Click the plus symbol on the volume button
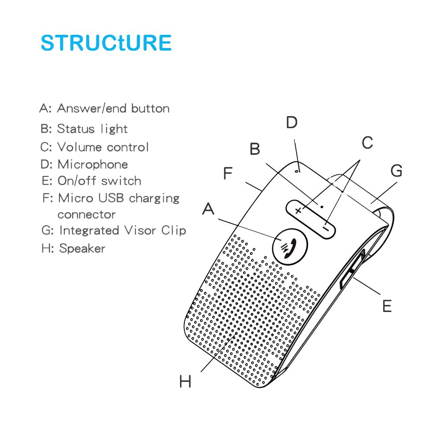coord(299,211)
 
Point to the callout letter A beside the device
coord(208,209)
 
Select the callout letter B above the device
coord(255,149)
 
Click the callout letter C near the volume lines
coord(367,143)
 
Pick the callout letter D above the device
coord(292,123)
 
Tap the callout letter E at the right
coord(386,306)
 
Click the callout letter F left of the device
coord(227,173)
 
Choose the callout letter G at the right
coord(396,171)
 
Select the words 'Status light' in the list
coord(92,129)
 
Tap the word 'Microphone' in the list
coord(93,165)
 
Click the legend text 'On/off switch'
coord(99,181)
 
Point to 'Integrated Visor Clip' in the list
coord(122,231)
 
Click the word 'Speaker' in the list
coord(82,249)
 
